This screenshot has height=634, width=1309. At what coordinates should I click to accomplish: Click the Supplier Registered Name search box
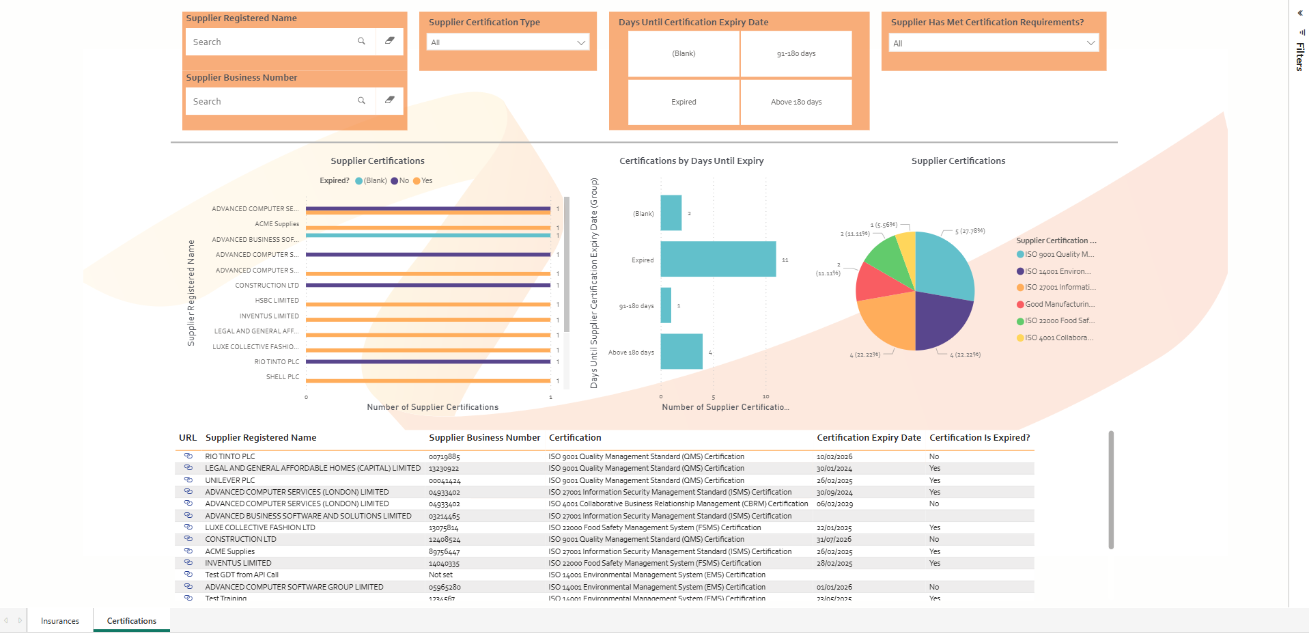pos(273,42)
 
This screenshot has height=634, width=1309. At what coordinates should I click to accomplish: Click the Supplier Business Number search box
pos(273,101)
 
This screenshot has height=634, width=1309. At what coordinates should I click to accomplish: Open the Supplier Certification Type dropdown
pos(508,42)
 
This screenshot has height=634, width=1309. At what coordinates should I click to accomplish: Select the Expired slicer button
pos(684,102)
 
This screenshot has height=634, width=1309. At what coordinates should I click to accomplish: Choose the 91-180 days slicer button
pos(796,53)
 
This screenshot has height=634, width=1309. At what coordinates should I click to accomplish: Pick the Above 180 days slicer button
pos(796,102)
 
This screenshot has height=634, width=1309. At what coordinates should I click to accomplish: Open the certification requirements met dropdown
pos(994,43)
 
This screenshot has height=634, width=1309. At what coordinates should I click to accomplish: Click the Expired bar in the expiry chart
pos(718,259)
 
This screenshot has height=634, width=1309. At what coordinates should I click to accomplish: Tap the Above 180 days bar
pos(681,351)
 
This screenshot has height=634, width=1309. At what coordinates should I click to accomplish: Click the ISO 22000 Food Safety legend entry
pos(1059,321)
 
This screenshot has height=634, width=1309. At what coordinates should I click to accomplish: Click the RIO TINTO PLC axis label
pos(277,362)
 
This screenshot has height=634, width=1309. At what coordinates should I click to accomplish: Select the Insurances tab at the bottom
pos(60,621)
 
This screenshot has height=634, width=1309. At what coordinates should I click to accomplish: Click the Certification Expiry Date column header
pos(869,438)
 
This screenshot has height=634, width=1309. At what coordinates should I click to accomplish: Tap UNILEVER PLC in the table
pos(230,480)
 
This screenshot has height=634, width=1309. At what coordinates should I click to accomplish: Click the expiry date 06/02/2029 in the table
pos(834,504)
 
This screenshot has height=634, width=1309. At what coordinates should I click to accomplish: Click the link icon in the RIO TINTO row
pos(188,456)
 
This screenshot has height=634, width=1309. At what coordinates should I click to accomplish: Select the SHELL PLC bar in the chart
pos(427,381)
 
